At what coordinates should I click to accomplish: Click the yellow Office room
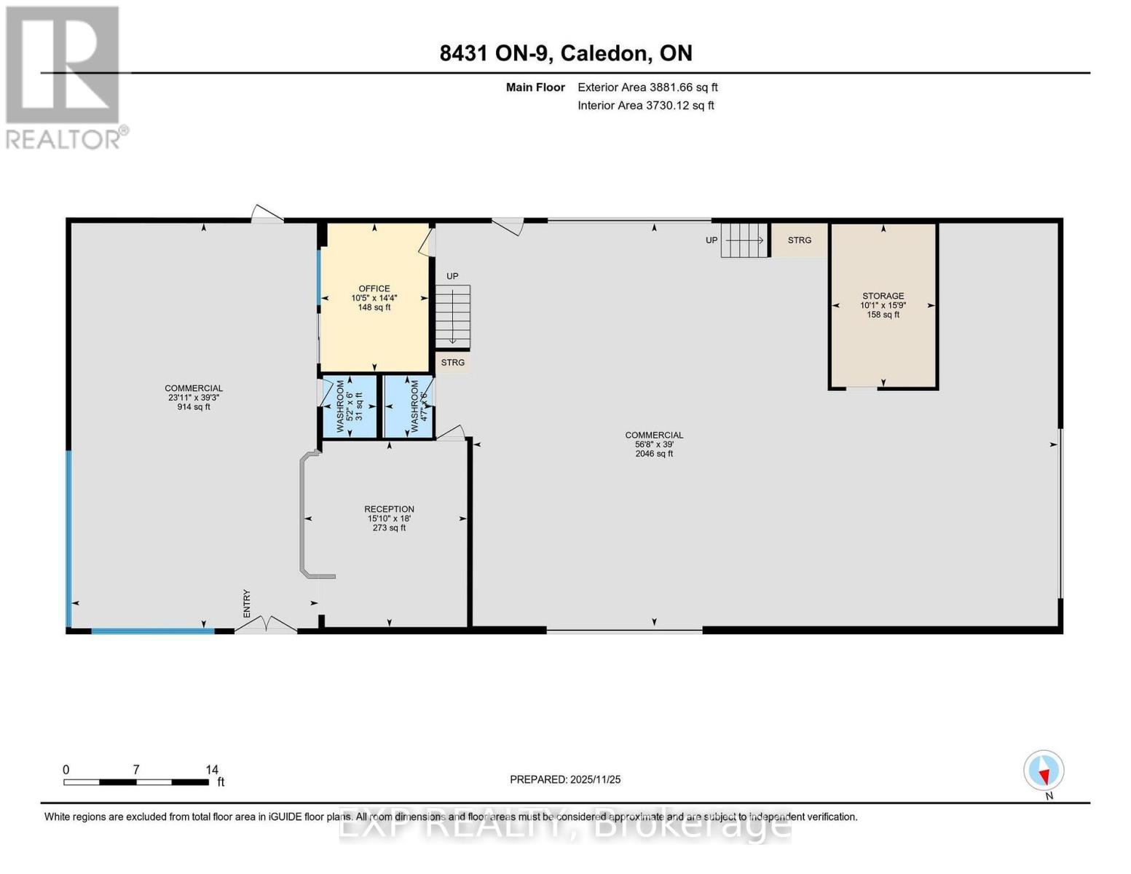click(374, 298)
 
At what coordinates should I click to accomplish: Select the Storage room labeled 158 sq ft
click(883, 305)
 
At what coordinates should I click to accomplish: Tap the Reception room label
click(390, 518)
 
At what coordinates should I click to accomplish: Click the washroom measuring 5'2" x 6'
click(349, 407)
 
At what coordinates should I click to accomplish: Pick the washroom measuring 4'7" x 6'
click(409, 407)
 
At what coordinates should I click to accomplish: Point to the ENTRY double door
click(267, 625)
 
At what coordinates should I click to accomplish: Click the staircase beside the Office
click(453, 316)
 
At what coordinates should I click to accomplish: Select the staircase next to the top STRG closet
click(744, 240)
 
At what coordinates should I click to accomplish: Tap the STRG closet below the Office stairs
click(453, 363)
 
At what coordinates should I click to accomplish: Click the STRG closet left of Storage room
click(799, 240)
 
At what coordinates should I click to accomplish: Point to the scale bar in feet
click(136, 782)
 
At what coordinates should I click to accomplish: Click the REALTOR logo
click(64, 77)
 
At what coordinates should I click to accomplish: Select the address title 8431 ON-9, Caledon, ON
click(566, 53)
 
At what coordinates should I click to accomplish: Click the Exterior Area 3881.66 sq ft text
click(647, 87)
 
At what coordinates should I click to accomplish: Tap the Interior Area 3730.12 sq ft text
click(646, 106)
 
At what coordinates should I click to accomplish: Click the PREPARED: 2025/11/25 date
click(565, 779)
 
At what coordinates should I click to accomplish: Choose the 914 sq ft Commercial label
click(194, 398)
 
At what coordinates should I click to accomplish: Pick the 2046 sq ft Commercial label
click(654, 444)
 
